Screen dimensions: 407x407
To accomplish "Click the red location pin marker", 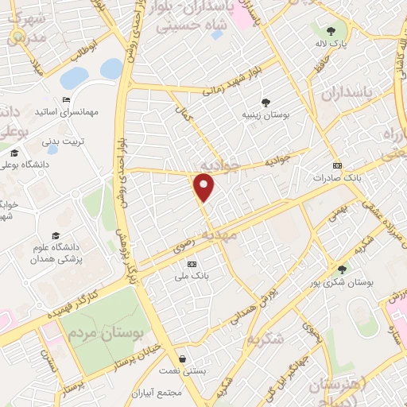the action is [205, 188].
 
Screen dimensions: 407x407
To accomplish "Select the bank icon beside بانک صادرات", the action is [338, 165].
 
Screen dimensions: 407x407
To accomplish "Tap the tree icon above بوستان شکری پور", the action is [342, 269].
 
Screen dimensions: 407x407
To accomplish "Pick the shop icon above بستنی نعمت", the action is [184, 359].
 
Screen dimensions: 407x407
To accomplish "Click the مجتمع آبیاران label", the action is [182, 393].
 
